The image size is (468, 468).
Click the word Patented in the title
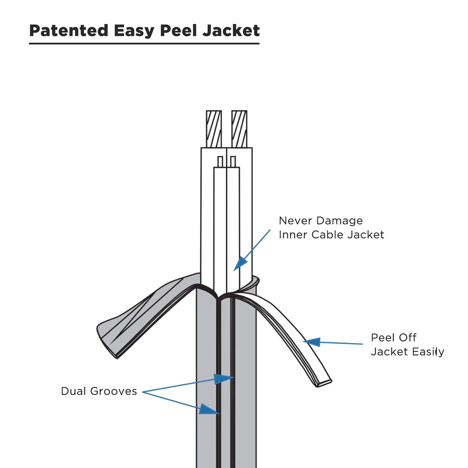pos(69,30)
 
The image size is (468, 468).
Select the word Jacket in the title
pos(231,30)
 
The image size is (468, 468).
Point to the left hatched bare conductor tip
pos(214,129)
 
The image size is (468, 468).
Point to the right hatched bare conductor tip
pos(239,129)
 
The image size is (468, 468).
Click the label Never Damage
pos(321,221)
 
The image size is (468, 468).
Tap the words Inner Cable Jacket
pos(331,235)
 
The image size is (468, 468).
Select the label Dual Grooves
pos(99,391)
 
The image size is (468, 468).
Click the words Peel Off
pos(394,338)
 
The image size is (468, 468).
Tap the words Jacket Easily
pos(408,352)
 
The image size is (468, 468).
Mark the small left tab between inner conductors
pos(220,162)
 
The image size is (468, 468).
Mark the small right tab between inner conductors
pos(233,162)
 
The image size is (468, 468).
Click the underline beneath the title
pos(144,44)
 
